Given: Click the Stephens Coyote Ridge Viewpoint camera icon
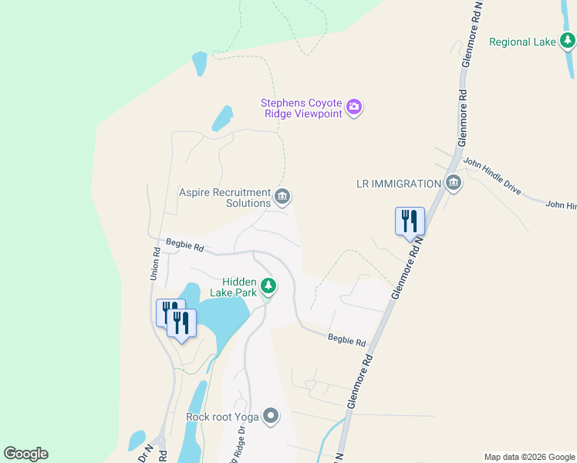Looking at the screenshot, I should pyautogui.click(x=354, y=106).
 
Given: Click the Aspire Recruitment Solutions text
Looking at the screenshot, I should pyautogui.click(x=225, y=198).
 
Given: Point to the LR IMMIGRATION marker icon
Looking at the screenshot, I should pyautogui.click(x=453, y=184).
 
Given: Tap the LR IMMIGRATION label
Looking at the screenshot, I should pyautogui.click(x=398, y=184).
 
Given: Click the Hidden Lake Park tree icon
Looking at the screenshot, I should pyautogui.click(x=268, y=287).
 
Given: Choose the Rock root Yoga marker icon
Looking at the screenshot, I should pyautogui.click(x=270, y=417).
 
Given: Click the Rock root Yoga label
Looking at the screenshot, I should pyautogui.click(x=223, y=417).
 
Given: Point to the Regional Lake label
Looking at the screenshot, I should pyautogui.click(x=522, y=42).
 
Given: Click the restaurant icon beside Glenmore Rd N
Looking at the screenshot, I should pyautogui.click(x=410, y=220).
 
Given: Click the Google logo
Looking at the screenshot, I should pyautogui.click(x=25, y=454).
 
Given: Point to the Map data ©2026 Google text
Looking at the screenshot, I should pyautogui.click(x=529, y=457).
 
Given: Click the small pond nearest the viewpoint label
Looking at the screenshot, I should pyautogui.click(x=222, y=118).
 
